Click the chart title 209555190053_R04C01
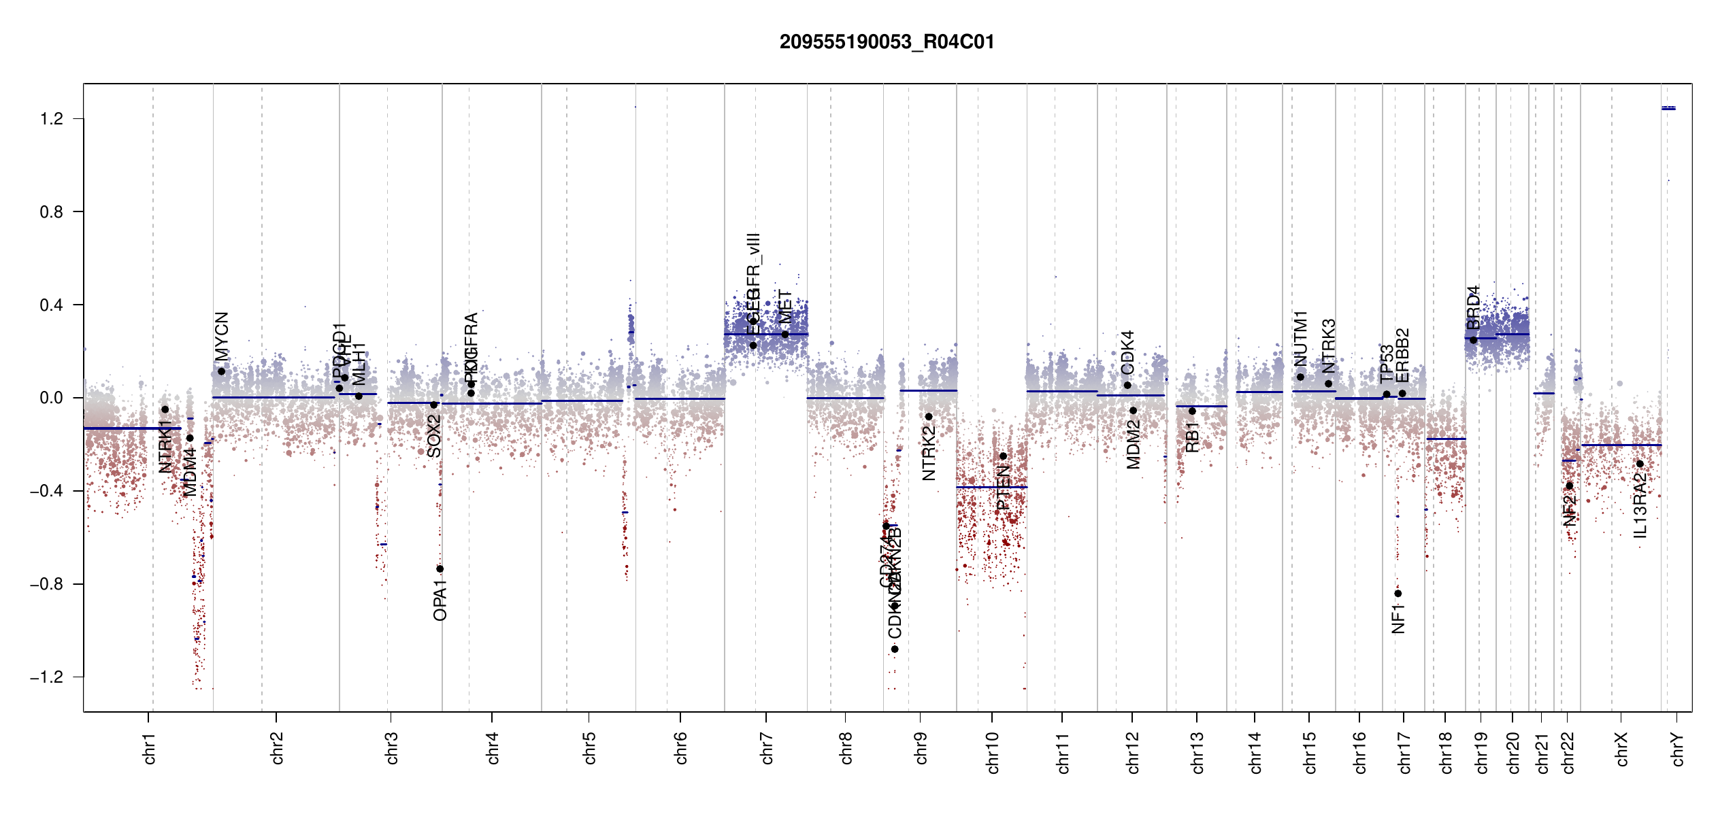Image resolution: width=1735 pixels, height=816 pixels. tap(887, 42)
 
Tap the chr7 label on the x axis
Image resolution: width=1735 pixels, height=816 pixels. tap(767, 748)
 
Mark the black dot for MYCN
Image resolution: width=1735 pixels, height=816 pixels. tap(221, 371)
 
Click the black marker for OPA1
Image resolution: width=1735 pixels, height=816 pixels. tap(440, 569)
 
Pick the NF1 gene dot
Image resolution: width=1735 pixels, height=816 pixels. tap(1398, 594)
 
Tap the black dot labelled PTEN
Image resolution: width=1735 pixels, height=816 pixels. tap(1003, 456)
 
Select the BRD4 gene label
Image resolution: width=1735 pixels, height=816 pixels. tap(1473, 307)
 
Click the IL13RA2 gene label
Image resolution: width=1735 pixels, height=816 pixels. tap(1640, 505)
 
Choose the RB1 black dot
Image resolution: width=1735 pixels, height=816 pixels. tap(1192, 411)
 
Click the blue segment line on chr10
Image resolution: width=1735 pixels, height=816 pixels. tap(991, 487)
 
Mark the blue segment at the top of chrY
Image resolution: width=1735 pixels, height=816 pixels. tap(1668, 108)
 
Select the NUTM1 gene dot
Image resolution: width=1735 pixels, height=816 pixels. tap(1300, 377)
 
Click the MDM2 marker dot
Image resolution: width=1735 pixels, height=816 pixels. tap(1133, 411)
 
